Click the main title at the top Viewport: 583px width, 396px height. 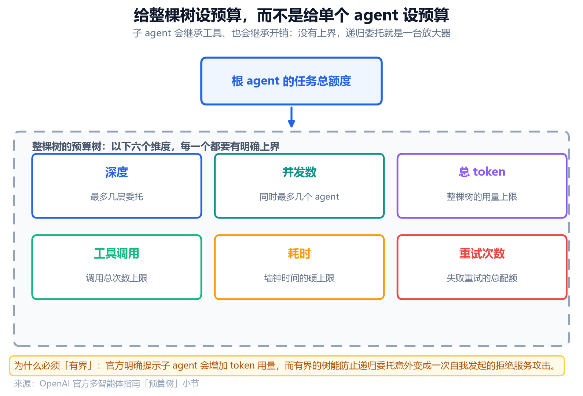point(291,15)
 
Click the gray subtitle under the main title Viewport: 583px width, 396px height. point(291,33)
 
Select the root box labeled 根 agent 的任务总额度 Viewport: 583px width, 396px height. point(291,81)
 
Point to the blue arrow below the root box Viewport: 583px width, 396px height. point(291,117)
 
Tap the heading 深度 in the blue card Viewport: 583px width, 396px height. point(117,172)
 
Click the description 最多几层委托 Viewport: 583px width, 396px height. point(117,197)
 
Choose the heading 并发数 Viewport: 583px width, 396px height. point(299,172)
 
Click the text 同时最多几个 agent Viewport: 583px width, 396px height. point(299,197)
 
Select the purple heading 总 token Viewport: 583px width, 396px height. point(482,172)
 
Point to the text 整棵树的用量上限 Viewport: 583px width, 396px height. point(482,197)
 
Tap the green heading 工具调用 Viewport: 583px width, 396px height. point(117,254)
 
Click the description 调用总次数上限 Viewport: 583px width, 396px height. point(117,278)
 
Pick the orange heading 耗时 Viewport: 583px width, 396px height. point(299,254)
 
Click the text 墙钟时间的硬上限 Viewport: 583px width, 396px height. point(299,278)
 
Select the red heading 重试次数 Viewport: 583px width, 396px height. point(482,254)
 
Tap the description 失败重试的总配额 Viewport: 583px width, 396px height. point(482,278)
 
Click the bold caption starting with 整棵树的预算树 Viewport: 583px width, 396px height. point(155,147)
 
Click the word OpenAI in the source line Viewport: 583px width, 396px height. point(55,384)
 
